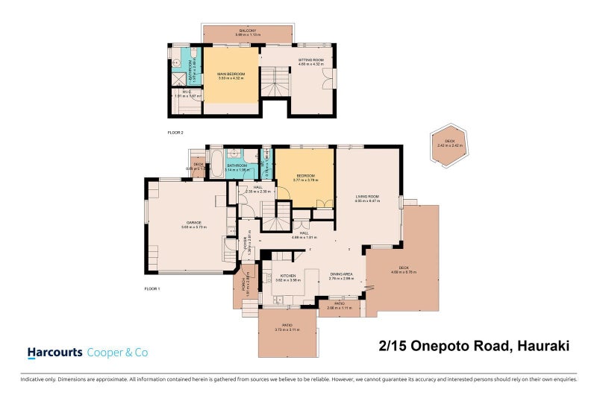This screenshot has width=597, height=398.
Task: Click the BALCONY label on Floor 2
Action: click(248, 31)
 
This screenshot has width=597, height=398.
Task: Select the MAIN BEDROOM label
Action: click(232, 75)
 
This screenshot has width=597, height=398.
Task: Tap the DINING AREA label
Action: click(341, 274)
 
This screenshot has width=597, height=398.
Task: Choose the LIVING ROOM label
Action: click(367, 197)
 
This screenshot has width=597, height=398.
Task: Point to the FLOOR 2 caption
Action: click(175, 132)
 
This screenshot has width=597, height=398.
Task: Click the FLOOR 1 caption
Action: click(152, 288)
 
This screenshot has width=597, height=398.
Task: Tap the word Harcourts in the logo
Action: click(55, 352)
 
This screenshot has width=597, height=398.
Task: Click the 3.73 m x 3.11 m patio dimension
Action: click(287, 329)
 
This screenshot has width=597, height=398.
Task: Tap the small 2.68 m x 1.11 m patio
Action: click(339, 306)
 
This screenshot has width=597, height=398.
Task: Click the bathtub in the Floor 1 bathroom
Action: click(216, 162)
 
